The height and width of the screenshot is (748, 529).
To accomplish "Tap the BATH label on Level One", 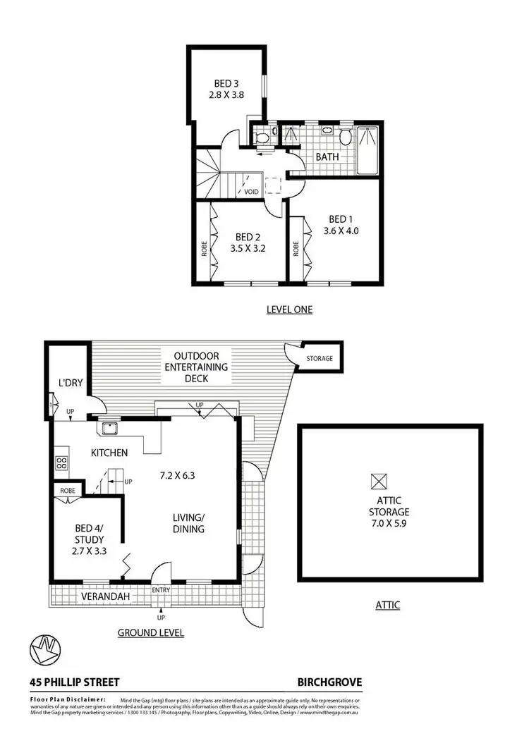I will click(x=327, y=157).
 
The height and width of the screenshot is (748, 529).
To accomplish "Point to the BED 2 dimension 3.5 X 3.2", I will click(x=247, y=247).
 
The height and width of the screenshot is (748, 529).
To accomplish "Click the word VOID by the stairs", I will click(x=251, y=192).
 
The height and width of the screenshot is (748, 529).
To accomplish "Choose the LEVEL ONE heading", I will click(x=289, y=309).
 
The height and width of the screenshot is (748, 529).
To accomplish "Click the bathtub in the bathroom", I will click(x=368, y=149).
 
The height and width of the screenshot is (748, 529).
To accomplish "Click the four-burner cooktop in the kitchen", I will click(x=61, y=463).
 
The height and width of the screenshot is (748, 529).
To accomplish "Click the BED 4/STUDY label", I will click(x=87, y=537).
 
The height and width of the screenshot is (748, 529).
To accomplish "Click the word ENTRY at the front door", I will click(x=162, y=589).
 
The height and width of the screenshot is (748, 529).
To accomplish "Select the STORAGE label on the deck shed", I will click(x=319, y=359).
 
